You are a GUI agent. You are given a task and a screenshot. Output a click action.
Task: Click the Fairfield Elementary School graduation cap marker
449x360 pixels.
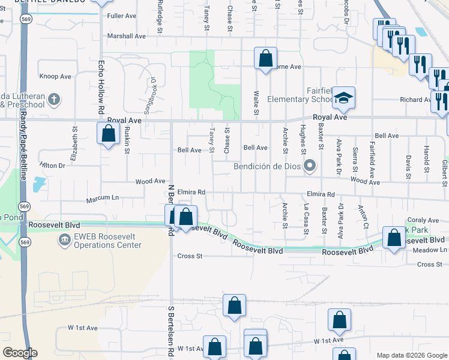(x=344, y=97)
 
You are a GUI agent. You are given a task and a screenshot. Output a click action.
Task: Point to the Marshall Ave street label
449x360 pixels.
(x=127, y=36)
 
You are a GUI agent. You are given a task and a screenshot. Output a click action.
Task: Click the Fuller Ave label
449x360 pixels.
(x=119, y=16)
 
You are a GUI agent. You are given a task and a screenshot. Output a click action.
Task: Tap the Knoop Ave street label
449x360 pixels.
(x=55, y=76)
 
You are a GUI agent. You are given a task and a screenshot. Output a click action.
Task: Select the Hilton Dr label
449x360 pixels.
(x=52, y=164)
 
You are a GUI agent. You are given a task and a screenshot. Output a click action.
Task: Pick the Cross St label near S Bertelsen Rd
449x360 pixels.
(x=190, y=256)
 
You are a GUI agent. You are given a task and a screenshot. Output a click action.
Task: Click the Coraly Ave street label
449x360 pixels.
(x=419, y=220)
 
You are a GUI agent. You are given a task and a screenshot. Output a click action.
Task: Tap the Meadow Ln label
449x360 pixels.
(x=435, y=250)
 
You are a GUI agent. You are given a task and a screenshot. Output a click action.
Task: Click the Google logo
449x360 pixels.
(x=20, y=353)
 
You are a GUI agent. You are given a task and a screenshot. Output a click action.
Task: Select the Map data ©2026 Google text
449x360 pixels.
(x=411, y=355)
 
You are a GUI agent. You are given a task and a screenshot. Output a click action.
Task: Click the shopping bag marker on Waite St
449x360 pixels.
(x=265, y=58)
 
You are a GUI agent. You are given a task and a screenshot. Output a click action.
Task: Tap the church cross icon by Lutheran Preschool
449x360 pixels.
(x=54, y=98)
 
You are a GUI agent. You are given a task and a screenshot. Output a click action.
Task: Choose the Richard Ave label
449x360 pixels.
(x=415, y=100)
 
